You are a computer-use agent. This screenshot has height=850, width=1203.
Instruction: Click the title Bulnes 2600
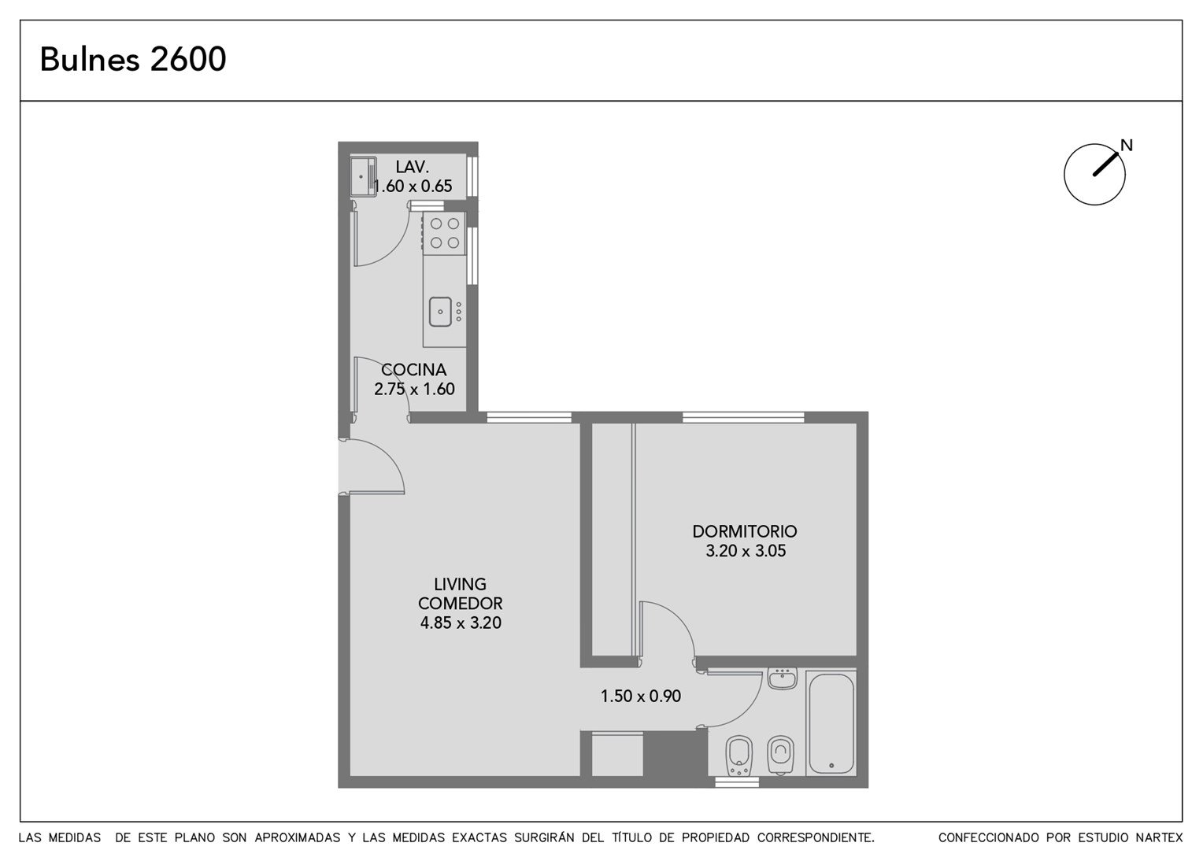[132, 59]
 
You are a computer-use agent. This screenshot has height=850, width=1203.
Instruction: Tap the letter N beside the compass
[1127, 145]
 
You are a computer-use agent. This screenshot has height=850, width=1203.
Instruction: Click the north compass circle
[1065, 175]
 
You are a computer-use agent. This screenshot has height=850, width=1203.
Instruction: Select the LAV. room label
[412, 167]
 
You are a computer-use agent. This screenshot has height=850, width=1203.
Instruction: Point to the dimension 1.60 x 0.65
[413, 187]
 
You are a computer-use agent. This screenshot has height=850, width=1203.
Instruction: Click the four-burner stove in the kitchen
[444, 234]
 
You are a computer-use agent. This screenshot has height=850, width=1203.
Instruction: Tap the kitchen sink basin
[440, 312]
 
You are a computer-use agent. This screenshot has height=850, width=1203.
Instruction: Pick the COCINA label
[413, 369]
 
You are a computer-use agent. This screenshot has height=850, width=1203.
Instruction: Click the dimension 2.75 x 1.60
[414, 389]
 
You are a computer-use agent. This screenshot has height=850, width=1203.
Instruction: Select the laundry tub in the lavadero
[363, 176]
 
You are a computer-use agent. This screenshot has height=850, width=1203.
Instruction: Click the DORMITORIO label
[744, 531]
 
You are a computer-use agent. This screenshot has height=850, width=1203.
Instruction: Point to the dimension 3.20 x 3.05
[746, 551]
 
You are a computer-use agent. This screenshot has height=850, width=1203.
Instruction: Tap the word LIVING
[460, 584]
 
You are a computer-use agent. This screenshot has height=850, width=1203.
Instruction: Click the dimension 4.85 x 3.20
[461, 623]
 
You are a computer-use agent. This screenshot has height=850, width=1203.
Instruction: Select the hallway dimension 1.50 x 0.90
[640, 697]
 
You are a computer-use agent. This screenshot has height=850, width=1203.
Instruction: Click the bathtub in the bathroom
[831, 722]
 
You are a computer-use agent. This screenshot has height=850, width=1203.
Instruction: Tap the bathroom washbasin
[782, 679]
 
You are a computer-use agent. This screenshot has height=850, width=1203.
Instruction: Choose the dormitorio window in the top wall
[743, 417]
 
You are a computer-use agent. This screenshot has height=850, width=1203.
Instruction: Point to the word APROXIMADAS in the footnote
[297, 837]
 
